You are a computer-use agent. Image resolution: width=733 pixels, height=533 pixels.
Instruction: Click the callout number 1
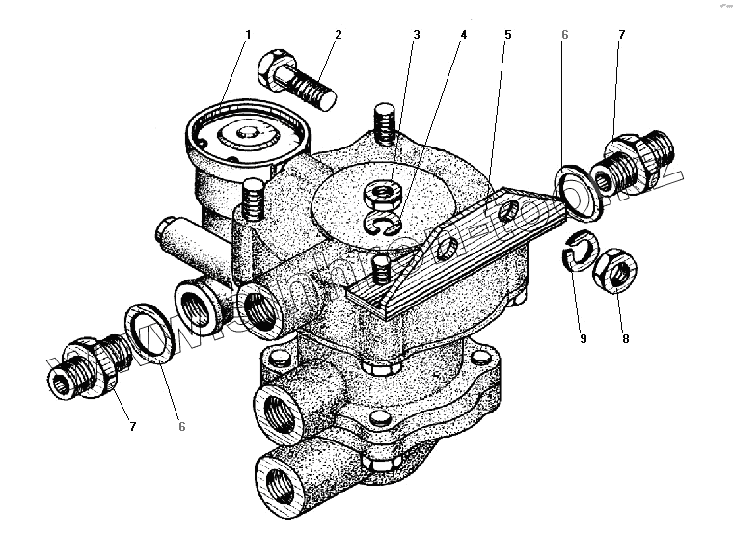[x=247, y=36]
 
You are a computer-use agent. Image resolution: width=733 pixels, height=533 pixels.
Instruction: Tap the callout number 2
[x=339, y=36]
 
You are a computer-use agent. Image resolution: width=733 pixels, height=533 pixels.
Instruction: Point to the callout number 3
[x=416, y=36]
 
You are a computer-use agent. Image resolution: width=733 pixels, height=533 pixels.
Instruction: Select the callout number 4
[x=463, y=36]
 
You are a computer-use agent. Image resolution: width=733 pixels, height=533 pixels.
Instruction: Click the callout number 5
[x=506, y=36]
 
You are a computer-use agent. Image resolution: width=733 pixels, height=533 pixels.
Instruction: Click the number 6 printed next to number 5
[x=565, y=36]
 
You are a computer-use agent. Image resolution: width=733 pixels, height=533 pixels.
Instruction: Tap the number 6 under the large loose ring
[x=180, y=425]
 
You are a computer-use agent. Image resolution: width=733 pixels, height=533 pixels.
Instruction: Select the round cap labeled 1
[x=243, y=135]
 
